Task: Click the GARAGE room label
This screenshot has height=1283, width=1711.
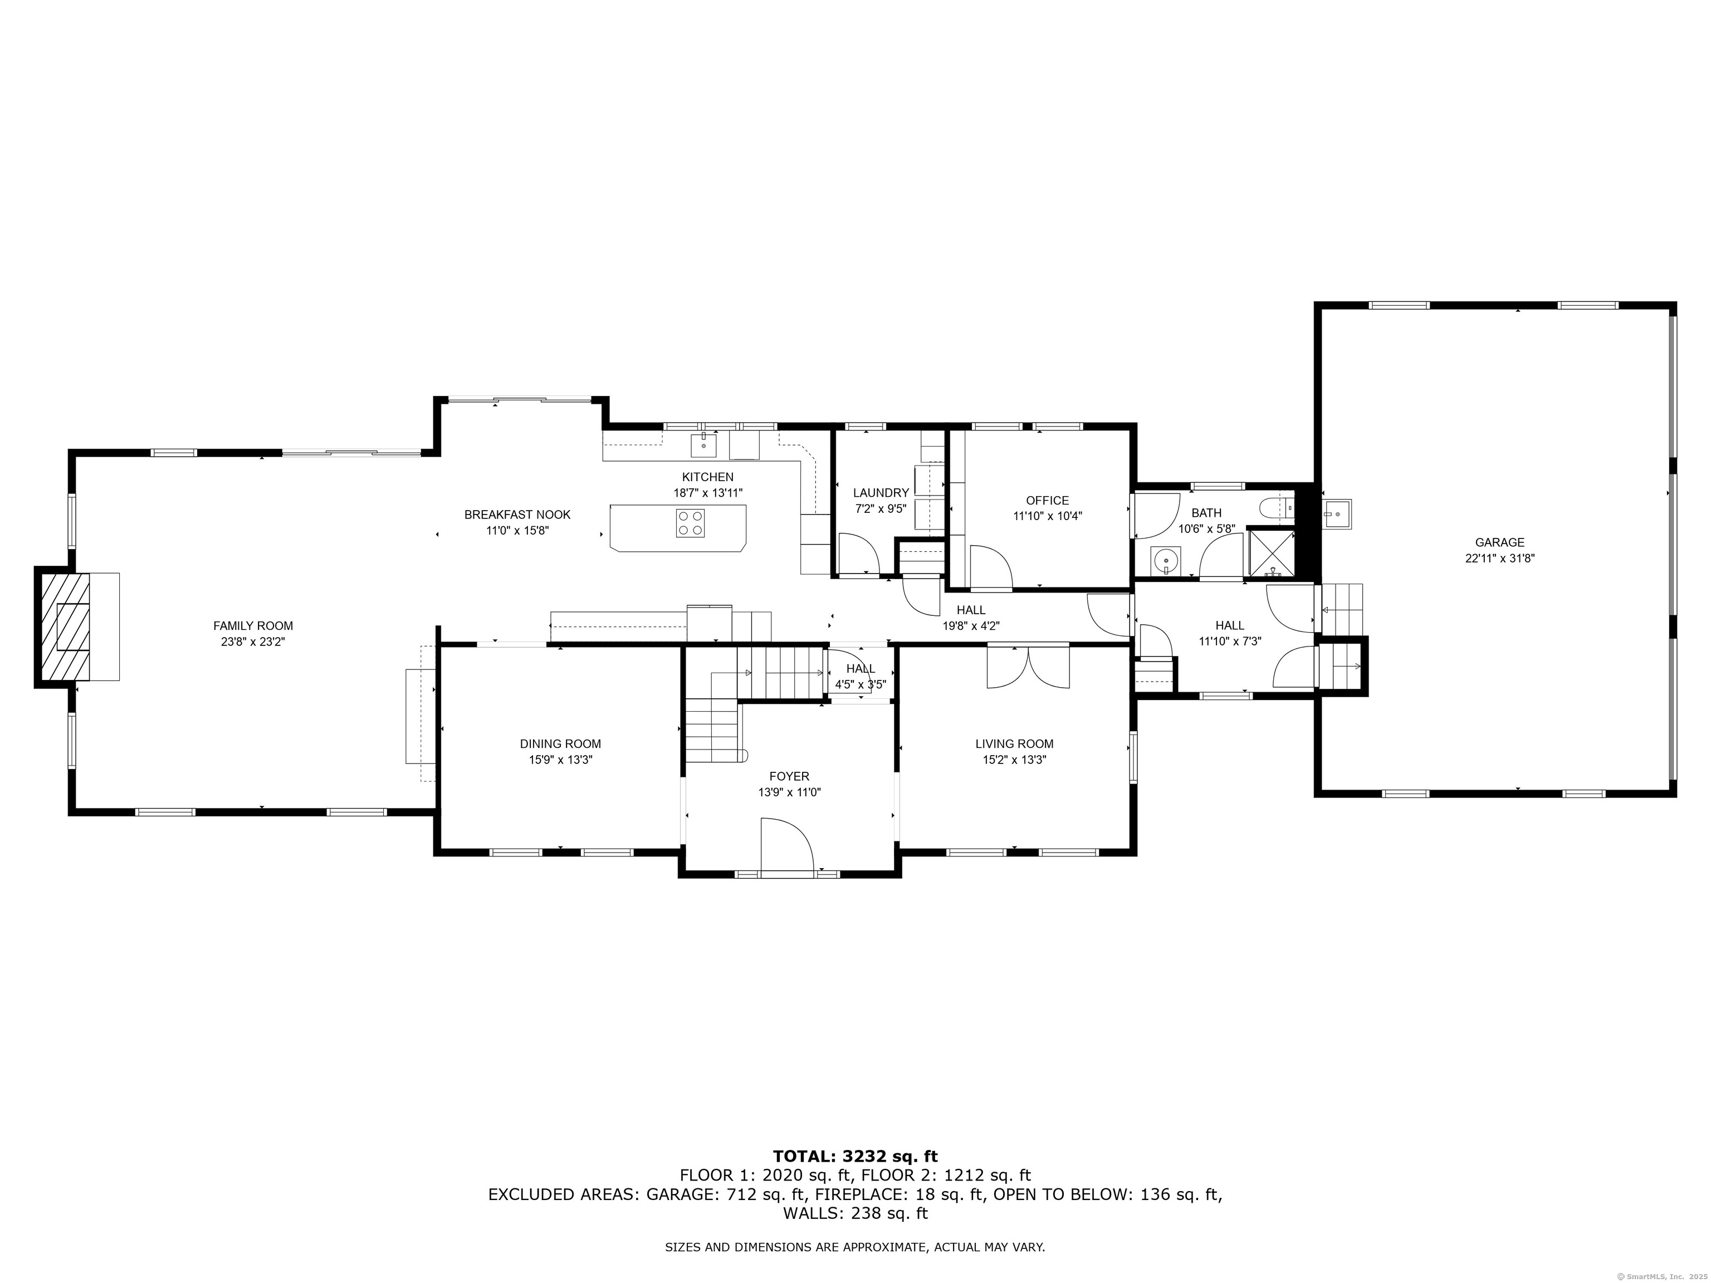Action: (x=1499, y=542)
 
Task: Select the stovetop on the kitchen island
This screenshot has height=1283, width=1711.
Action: (x=690, y=523)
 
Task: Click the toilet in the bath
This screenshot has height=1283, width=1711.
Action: (x=1277, y=508)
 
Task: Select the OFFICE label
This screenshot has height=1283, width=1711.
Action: (x=1047, y=501)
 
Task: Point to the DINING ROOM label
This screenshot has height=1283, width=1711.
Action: (x=560, y=744)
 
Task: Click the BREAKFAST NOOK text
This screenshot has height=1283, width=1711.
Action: (x=517, y=515)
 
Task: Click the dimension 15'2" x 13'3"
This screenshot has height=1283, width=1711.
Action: (x=1014, y=760)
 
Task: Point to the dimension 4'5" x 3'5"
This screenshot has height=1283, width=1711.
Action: (x=860, y=684)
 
